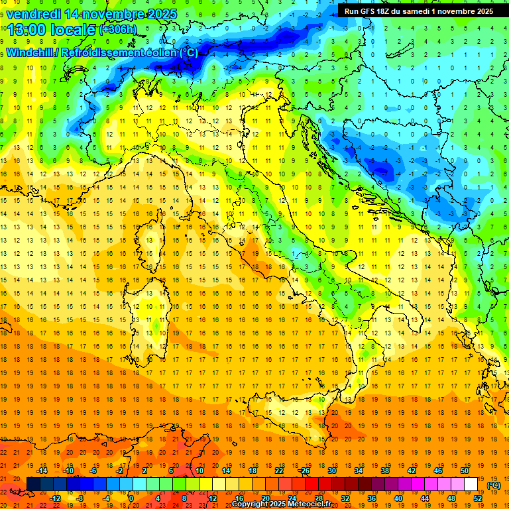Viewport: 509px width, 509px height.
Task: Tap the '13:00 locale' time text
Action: (51, 30)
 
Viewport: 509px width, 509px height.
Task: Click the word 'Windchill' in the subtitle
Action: (30, 52)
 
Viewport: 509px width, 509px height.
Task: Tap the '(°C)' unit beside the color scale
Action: (493, 485)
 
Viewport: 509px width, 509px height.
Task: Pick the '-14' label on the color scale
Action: (42, 471)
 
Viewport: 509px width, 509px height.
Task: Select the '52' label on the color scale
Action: (478, 498)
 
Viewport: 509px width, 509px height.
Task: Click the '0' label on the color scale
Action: (131, 498)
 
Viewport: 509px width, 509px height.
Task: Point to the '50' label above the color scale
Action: (465, 471)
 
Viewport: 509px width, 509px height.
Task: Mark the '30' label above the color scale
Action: (332, 471)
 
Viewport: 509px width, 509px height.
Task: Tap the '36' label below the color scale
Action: (372, 498)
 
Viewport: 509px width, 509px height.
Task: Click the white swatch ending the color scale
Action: (471, 484)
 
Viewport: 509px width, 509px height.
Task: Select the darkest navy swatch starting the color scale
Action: (33, 484)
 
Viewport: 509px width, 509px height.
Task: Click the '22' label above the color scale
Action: (279, 471)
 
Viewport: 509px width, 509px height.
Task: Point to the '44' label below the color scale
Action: (425, 498)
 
